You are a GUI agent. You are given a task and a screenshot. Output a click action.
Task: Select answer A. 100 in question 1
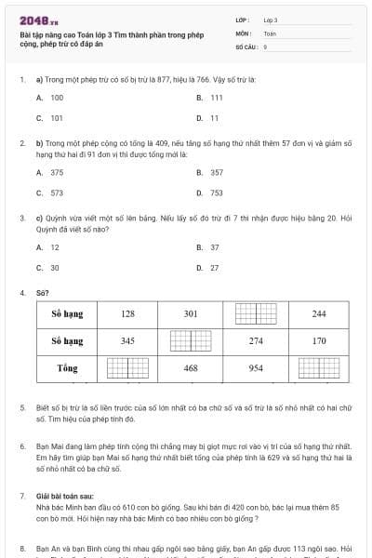[x=50, y=98]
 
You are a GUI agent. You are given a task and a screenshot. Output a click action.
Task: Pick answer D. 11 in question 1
[x=208, y=118]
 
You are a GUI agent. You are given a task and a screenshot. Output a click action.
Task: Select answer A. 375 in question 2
[x=50, y=173]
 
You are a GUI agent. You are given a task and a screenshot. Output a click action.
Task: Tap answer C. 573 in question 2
[x=50, y=193]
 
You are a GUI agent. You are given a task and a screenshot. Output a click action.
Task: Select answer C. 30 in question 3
[x=48, y=268]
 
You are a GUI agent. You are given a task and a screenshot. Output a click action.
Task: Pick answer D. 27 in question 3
[x=208, y=268]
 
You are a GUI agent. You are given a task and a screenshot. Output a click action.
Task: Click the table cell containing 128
[x=127, y=313]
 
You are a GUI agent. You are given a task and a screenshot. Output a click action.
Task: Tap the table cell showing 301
[x=191, y=313]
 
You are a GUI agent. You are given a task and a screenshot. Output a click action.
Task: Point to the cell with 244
[x=319, y=313]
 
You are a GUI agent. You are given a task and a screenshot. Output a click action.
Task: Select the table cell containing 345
[x=127, y=340]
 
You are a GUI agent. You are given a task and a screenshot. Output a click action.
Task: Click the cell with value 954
[x=255, y=368]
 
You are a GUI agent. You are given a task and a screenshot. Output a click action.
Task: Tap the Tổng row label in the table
[x=67, y=368]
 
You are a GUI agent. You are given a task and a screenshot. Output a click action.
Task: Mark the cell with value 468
[x=191, y=368]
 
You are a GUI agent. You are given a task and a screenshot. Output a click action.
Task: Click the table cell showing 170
[x=319, y=340]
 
